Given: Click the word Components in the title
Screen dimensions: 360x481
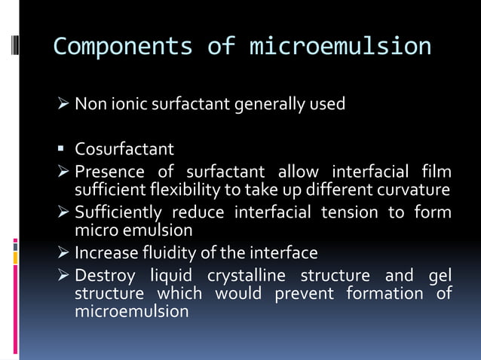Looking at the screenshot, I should [123, 47].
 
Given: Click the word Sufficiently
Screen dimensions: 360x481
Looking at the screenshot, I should [118, 212].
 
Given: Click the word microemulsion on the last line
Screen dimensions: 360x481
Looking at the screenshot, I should [131, 310].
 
